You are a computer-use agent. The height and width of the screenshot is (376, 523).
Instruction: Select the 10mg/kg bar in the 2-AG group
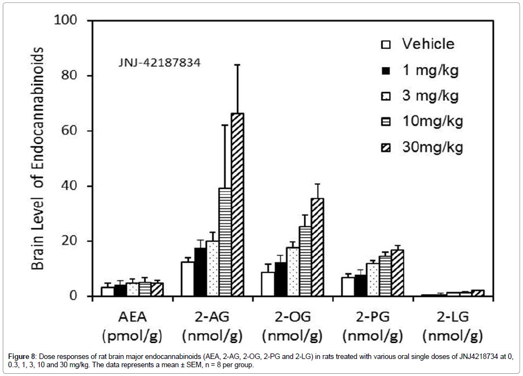pos(225,242)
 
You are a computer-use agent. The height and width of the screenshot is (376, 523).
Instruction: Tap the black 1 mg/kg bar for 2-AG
pos(200,272)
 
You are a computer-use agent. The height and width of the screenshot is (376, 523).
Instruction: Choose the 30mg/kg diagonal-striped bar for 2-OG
pos(317,247)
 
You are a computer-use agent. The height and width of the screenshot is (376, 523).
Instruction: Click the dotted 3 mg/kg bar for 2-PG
pos(374,280)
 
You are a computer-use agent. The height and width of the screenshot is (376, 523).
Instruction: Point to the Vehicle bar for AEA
pos(108,291)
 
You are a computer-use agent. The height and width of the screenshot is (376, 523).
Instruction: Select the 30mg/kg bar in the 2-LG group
pos(477,293)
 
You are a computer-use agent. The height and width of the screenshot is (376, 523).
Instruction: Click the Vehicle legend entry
pos(418,44)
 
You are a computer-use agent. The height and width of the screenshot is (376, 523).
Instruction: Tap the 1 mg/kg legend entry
pos(420,70)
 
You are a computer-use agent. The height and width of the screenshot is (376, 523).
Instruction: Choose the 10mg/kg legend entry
pos(423,121)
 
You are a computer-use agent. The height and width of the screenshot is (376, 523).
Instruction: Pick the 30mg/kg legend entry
pos(423,147)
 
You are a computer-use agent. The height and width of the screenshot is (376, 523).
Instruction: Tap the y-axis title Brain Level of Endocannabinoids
pos(37,158)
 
